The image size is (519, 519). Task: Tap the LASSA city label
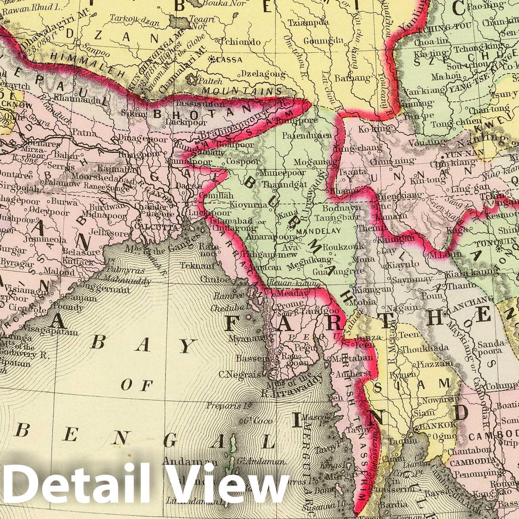[230, 60]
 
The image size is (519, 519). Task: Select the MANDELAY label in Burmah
[318, 231]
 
